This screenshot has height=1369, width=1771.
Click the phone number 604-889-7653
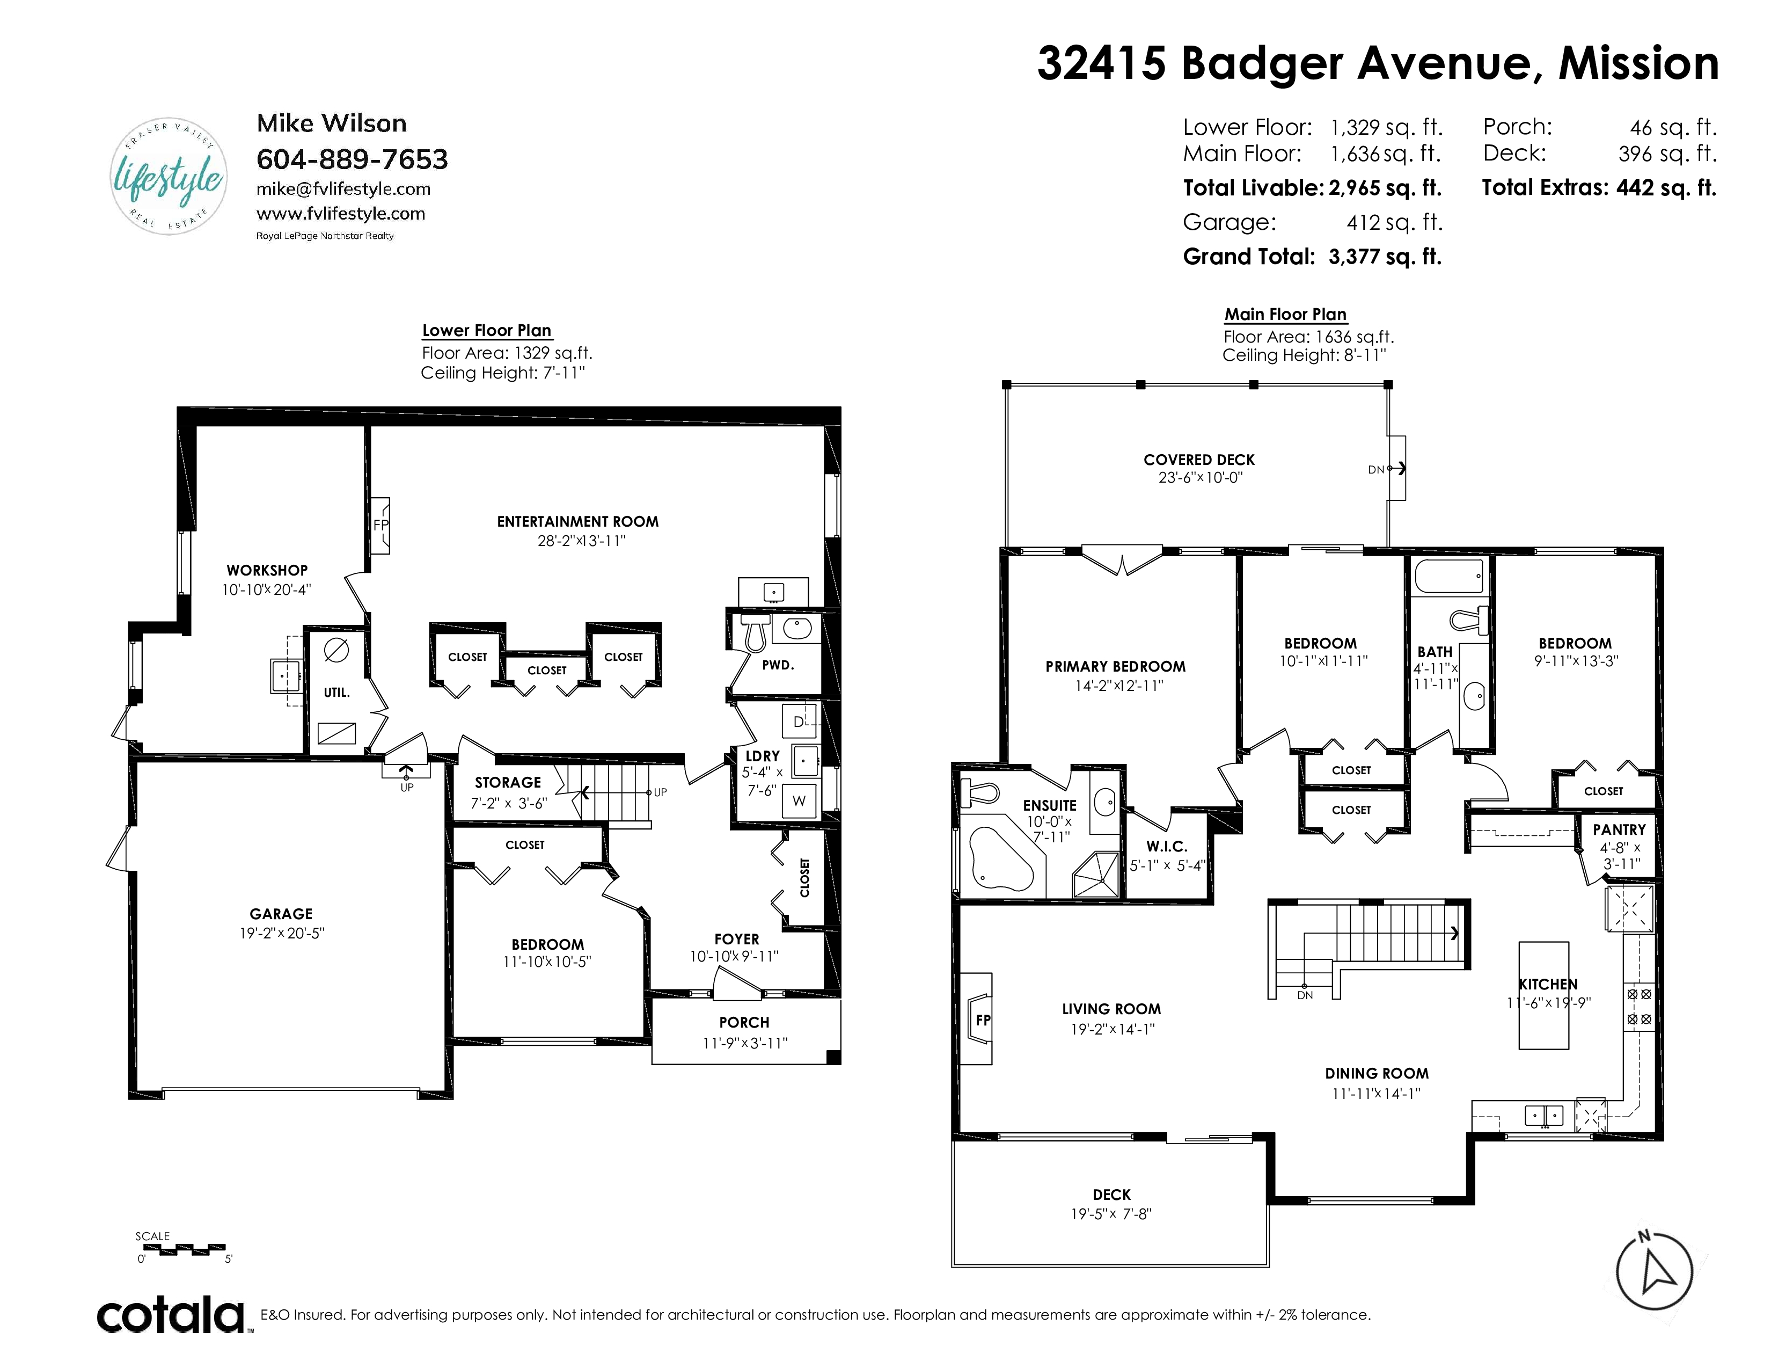tap(352, 159)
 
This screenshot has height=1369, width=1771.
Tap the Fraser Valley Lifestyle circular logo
tap(169, 176)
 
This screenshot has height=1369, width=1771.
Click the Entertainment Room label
tap(577, 521)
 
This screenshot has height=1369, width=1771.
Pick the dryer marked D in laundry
tap(799, 721)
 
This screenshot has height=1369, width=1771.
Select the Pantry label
tap(1619, 829)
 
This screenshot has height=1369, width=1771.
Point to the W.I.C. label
tap(1167, 846)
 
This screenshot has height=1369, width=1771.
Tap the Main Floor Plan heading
tap(1285, 315)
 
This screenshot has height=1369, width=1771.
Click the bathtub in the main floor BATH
tap(1449, 576)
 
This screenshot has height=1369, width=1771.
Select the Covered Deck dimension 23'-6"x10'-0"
tap(1200, 478)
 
